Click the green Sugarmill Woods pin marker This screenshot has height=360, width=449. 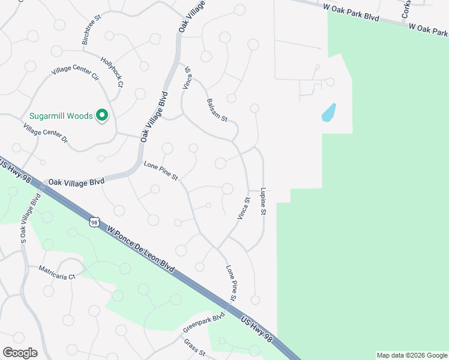pyautogui.click(x=102, y=115)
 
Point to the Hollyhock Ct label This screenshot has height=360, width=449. pyautogui.click(x=112, y=71)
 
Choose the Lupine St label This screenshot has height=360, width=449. pyautogui.click(x=263, y=201)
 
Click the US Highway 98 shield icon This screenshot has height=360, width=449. pyautogui.click(x=94, y=222)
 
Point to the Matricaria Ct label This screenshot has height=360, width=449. pyautogui.click(x=58, y=272)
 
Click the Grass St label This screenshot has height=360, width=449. pyautogui.click(x=195, y=347)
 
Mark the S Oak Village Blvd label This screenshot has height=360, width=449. pyautogui.click(x=31, y=217)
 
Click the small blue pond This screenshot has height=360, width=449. pyautogui.click(x=328, y=112)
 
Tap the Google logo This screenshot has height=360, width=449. pyautogui.click(x=20, y=353)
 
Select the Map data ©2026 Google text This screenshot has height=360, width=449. pyautogui.click(x=412, y=355)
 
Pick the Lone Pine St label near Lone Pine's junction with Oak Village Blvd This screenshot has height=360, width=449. pyautogui.click(x=161, y=171)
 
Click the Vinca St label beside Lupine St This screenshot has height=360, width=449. pyautogui.click(x=243, y=208)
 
